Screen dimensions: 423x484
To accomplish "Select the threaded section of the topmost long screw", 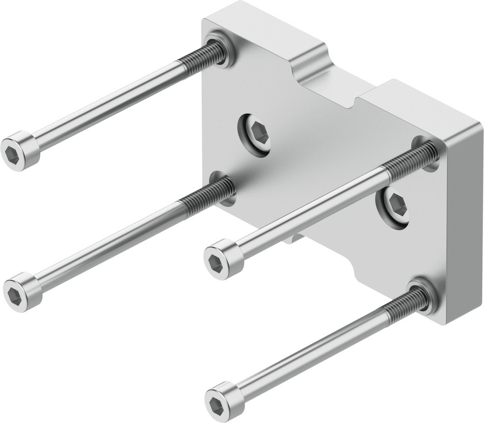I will click(198, 58).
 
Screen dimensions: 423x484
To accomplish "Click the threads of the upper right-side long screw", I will click(409, 162).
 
